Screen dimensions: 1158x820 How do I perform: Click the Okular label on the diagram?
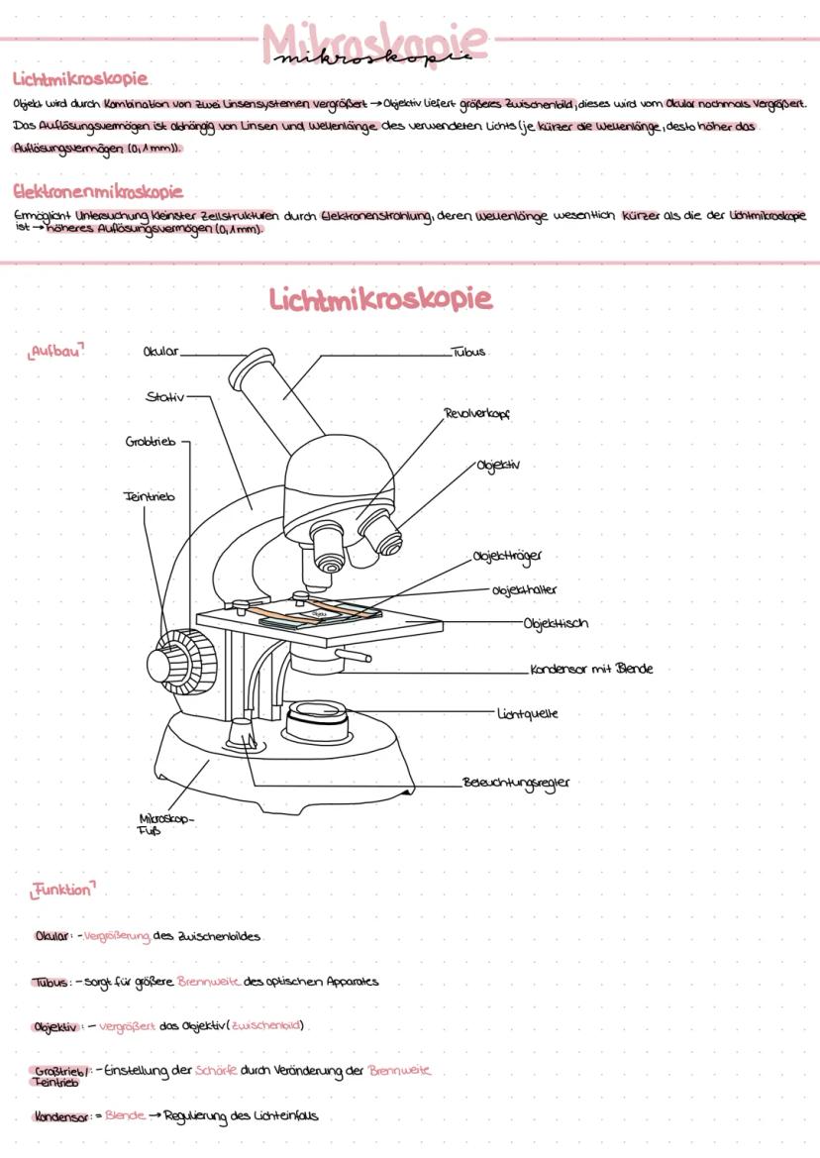(x=161, y=351)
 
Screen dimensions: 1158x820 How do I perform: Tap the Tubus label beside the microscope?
(x=468, y=352)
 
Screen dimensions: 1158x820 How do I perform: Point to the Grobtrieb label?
(x=151, y=442)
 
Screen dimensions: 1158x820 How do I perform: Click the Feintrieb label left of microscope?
(x=149, y=496)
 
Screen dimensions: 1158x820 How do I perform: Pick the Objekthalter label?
(x=524, y=590)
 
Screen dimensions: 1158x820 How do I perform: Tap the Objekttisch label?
(x=557, y=623)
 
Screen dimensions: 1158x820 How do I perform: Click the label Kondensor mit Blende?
(x=591, y=669)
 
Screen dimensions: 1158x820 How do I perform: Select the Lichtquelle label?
(x=528, y=711)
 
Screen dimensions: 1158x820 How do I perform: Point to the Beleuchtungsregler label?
(x=516, y=783)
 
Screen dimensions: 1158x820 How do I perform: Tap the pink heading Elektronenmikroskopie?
(x=98, y=191)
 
